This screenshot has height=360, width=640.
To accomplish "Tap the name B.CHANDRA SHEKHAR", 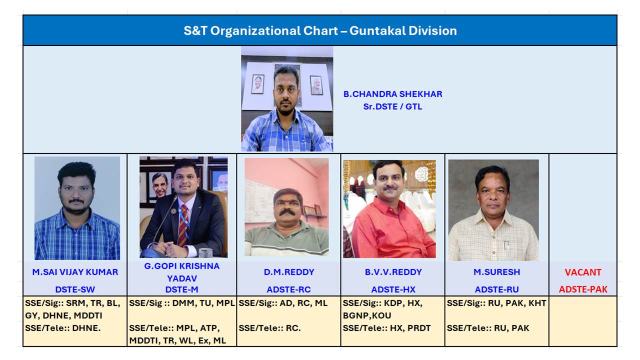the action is [392, 94].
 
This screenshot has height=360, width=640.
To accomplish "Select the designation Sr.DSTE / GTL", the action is [392, 106].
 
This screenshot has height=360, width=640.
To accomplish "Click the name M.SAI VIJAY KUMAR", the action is [75, 272].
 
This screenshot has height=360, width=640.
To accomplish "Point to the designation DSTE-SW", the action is [75, 289].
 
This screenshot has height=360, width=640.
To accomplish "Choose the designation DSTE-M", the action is [181, 289].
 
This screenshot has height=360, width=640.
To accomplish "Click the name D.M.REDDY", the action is [289, 272].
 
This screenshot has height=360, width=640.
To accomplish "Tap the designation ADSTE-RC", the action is [288, 289].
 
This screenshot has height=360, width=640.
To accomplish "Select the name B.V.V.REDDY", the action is [393, 272].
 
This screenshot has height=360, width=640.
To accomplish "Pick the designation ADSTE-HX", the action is [393, 289].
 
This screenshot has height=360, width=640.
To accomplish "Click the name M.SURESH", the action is [496, 272].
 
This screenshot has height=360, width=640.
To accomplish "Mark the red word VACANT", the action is [583, 272].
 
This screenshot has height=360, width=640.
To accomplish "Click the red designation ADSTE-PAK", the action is [583, 289].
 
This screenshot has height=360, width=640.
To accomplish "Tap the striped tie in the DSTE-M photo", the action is [183, 225].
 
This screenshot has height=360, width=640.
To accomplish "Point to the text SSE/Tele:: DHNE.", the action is [63, 328].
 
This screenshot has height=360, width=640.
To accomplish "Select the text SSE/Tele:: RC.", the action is [269, 328].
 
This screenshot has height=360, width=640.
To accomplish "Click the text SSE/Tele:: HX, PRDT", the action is [386, 328].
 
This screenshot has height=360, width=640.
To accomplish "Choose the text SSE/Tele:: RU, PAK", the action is [488, 328].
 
